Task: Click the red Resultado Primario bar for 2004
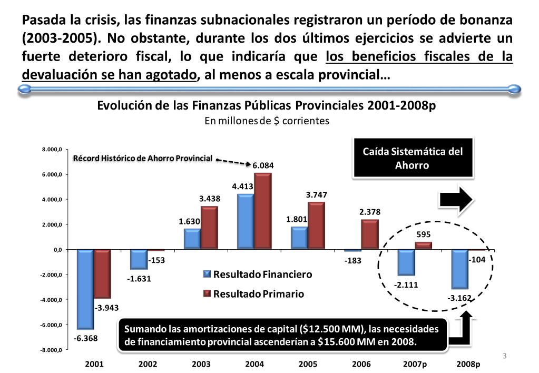pyautogui.click(x=262, y=211)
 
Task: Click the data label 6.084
pyautogui.click(x=263, y=166)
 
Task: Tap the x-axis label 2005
pyautogui.click(x=308, y=364)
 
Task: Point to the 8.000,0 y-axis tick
pyautogui.click(x=53, y=150)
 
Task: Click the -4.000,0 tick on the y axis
pyautogui.click(x=52, y=300)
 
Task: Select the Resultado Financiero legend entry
pyautogui.click(x=258, y=274)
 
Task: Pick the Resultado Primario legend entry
pyautogui.click(x=254, y=294)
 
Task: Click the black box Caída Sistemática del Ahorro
pyautogui.click(x=413, y=158)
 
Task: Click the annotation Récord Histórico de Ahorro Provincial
pyautogui.click(x=142, y=158)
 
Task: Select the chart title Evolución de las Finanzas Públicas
pyautogui.click(x=267, y=105)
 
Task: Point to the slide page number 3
pyautogui.click(x=504, y=356)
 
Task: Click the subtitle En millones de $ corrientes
pyautogui.click(x=267, y=121)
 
